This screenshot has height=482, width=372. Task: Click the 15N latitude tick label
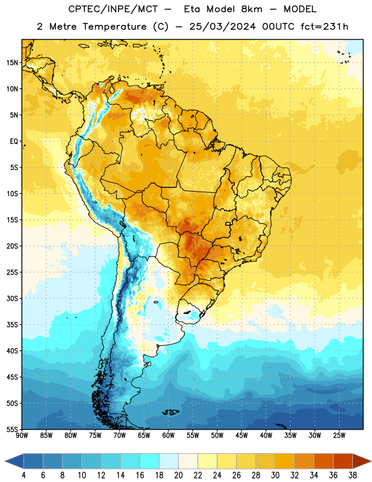(12, 63)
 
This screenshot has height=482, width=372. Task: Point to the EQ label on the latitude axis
(14, 142)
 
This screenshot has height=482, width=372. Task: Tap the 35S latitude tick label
(12, 325)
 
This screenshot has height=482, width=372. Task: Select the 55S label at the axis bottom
(12, 429)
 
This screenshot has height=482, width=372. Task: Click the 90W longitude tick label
(22, 436)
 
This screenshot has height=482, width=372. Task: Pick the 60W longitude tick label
(169, 436)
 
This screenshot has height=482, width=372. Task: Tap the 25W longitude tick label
(339, 436)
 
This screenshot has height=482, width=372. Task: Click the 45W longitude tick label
(241, 436)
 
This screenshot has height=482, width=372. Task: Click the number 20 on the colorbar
(178, 475)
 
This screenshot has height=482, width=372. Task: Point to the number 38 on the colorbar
(352, 475)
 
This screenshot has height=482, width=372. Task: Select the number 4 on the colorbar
(23, 475)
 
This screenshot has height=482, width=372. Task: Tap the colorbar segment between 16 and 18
(150, 461)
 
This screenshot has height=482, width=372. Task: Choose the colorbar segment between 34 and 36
(323, 461)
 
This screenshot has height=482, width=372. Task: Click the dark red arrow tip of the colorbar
(370, 461)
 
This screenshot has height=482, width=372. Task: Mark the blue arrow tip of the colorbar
(5, 461)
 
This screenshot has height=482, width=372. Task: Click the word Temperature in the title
(114, 27)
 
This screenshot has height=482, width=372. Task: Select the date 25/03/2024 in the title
(222, 27)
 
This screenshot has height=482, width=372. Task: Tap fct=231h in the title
(324, 27)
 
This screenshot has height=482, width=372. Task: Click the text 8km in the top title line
(252, 9)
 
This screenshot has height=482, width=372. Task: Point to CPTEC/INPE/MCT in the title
(113, 9)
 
